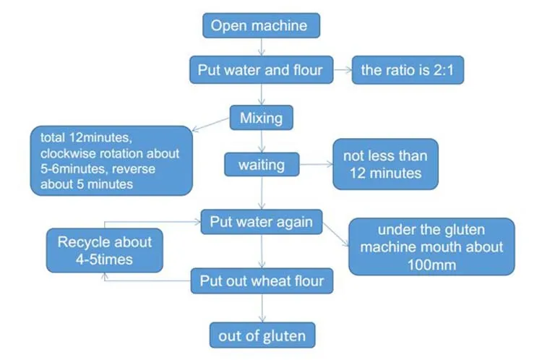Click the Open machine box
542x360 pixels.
coord(259,27)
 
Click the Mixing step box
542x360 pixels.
coord(261,117)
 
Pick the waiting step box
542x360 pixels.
coord(261,165)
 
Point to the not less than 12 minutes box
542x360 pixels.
coord(385,164)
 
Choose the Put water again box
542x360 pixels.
coord(261,222)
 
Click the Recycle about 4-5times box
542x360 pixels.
coord(104,250)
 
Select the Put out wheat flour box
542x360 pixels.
coord(262,280)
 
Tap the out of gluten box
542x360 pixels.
coord(262,335)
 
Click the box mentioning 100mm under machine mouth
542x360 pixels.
coord(431,247)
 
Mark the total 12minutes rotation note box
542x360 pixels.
coord(111,160)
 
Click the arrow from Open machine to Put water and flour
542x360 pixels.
coord(260,47)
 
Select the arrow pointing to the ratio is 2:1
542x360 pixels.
coord(342,70)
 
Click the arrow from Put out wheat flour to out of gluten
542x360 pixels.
coord(262,308)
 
